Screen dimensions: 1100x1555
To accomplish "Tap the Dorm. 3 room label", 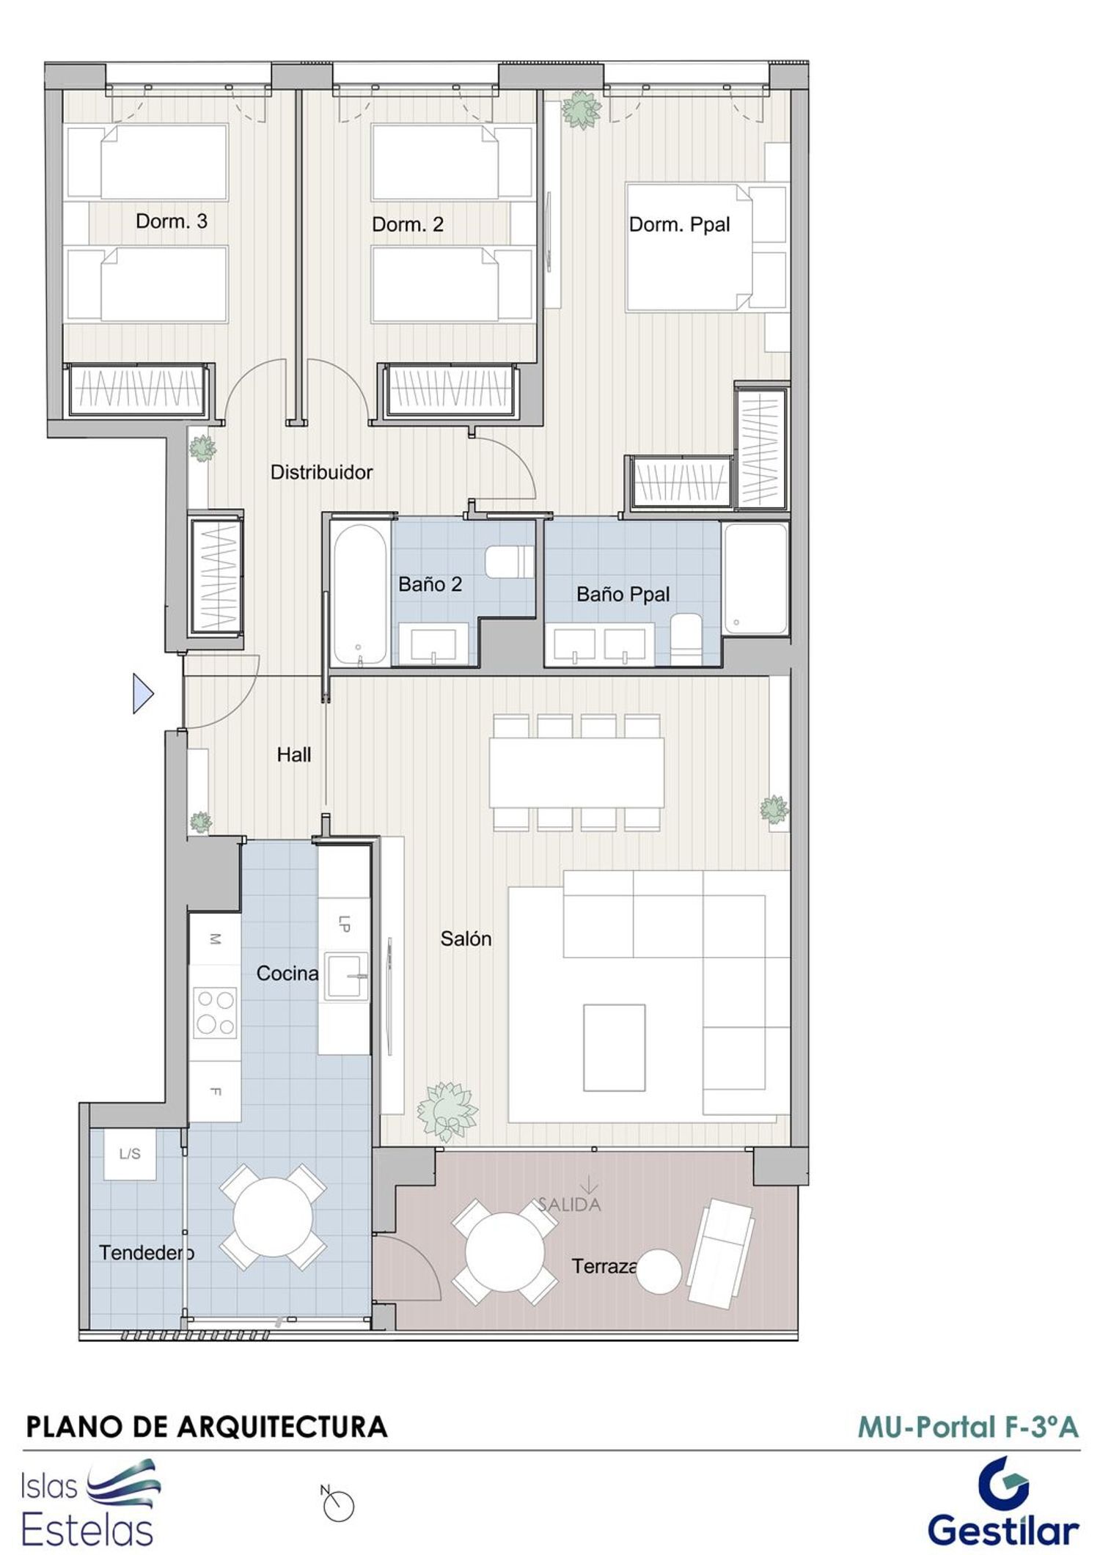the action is tap(172, 221).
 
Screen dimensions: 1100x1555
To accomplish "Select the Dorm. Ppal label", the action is tap(679, 224).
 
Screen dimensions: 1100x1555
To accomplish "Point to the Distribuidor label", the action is tap(321, 472).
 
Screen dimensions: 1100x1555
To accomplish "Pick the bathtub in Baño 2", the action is tap(359, 593).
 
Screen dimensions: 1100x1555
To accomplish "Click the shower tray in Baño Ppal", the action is tap(755, 578).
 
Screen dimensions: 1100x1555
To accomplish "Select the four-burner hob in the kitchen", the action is tap(215, 1012).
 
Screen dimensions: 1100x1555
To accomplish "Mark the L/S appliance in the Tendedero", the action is tap(130, 1154).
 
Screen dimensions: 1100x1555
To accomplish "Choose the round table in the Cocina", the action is tap(273, 1218).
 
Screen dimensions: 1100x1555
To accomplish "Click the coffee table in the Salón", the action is tap(615, 1048).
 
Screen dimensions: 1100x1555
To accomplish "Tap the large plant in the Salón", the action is tap(447, 1111).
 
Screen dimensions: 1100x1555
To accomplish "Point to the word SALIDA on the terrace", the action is tap(570, 1204).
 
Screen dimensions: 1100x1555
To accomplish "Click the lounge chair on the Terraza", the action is tap(721, 1253).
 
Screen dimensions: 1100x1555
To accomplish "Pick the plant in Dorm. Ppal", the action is tap(582, 110).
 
